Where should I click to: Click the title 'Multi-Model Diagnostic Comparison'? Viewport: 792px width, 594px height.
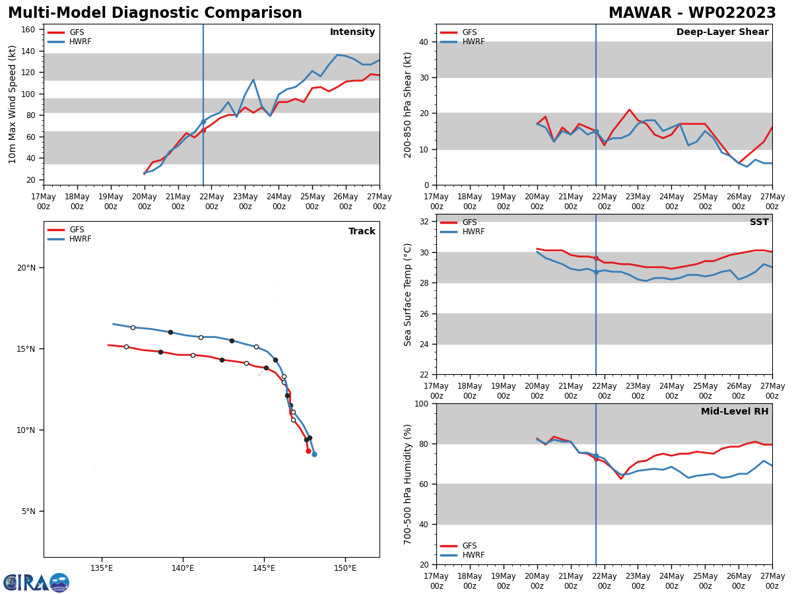coord(154,13)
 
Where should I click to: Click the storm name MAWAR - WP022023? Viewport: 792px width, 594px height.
coord(692,13)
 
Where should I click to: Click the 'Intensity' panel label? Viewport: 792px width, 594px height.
coord(352,32)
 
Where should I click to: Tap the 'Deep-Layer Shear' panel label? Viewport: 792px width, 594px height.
coord(722,32)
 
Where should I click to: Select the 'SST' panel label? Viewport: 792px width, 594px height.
coord(759,222)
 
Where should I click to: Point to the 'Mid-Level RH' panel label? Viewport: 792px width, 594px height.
coord(735,412)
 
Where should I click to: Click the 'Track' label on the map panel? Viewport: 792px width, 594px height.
coord(362,232)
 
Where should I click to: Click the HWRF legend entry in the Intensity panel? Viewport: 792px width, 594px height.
coord(80,42)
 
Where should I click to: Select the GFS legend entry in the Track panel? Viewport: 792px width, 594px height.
coord(77,230)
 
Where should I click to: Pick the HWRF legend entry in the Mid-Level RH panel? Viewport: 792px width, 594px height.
coord(473,555)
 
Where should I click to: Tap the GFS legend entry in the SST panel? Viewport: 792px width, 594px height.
coord(469,222)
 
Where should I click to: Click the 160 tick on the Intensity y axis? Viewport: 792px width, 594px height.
coord(28,30)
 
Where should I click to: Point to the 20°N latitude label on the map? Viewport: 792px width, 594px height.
coord(26,268)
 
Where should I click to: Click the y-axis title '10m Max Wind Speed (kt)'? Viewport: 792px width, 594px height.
coord(13,104)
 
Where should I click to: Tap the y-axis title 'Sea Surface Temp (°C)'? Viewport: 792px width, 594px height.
coord(408,294)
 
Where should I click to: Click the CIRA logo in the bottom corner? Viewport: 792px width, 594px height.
coord(36,583)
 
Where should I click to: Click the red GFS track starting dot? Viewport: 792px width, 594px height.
coord(308,451)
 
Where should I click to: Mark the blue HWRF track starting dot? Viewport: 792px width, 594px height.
coord(314,454)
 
